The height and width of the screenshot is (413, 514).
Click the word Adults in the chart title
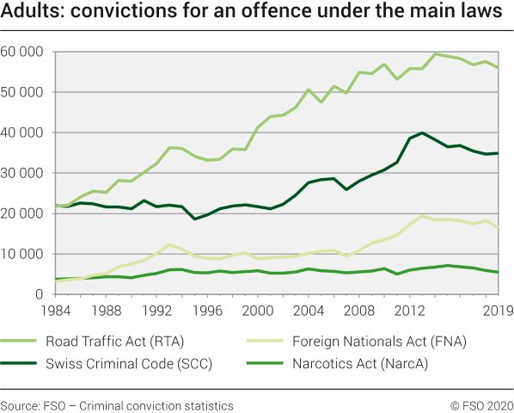coord(32,12)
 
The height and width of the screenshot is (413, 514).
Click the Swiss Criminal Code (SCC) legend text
coord(130,363)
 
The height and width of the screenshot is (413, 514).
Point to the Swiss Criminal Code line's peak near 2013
coord(422,133)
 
